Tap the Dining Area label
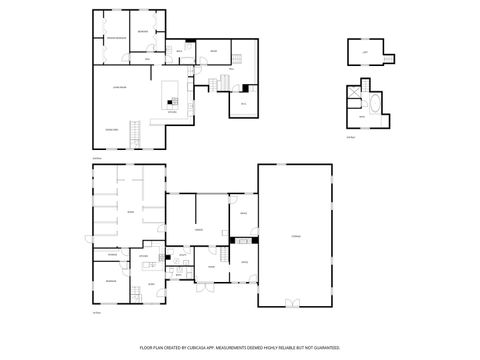tap(112, 129)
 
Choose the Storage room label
tap(296, 235)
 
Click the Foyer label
tap(211, 266)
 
